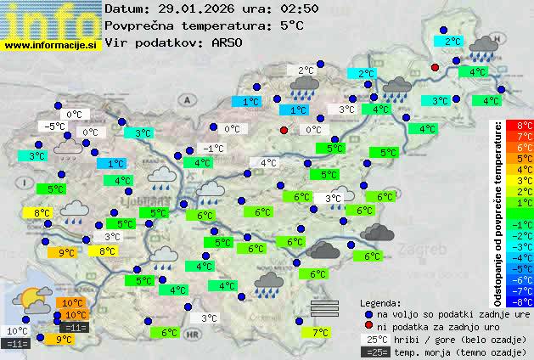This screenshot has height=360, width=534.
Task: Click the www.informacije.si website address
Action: pyautogui.click(x=51, y=45)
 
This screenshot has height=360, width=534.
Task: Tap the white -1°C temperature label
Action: pyautogui.click(x=213, y=149)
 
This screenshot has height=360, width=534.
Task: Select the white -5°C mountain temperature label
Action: pyautogui.click(x=55, y=127)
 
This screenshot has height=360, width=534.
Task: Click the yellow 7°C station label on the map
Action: pyautogui.click(x=320, y=333)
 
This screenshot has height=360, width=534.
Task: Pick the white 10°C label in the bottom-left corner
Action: pyautogui.click(x=17, y=331)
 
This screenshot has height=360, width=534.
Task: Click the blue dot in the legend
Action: pyautogui.click(x=368, y=313)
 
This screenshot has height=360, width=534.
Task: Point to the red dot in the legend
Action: pyautogui.click(x=368, y=326)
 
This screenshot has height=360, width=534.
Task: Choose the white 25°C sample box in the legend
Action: pyautogui.click(x=374, y=339)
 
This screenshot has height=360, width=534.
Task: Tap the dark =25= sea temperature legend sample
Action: pyautogui.click(x=374, y=352)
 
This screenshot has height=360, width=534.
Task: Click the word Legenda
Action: pyautogui.click(x=380, y=302)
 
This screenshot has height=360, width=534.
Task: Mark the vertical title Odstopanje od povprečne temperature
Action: pyautogui.click(x=498, y=212)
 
